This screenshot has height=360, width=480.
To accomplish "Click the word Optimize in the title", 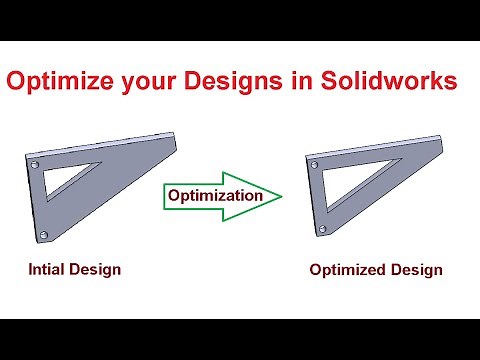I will tap(61, 82).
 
